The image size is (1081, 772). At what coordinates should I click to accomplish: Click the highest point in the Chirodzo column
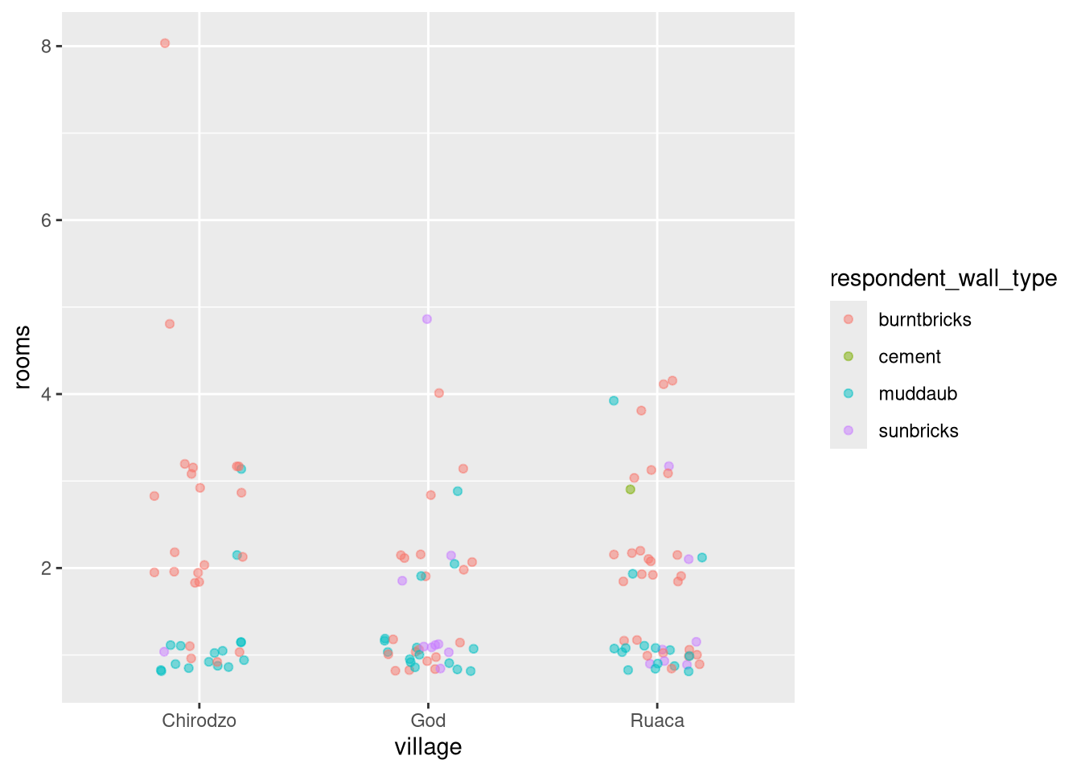(165, 43)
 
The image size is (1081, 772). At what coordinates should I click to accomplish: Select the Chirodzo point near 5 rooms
(170, 324)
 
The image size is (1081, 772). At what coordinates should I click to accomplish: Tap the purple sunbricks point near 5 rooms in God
(427, 319)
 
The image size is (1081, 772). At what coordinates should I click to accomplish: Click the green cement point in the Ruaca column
(631, 489)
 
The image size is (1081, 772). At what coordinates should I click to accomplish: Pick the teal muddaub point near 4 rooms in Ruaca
(614, 400)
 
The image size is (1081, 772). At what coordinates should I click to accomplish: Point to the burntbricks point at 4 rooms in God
(439, 393)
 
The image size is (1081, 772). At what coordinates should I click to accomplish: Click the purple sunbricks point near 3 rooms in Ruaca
(668, 466)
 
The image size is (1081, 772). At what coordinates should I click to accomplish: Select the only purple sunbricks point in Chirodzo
(164, 651)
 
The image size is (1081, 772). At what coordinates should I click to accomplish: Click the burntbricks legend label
(925, 320)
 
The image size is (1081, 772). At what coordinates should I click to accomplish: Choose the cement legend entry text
(910, 357)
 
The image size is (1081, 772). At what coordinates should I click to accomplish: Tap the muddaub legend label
(918, 394)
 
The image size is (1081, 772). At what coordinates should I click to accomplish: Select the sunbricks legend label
(919, 431)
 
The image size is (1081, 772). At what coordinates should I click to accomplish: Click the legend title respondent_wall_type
(943, 278)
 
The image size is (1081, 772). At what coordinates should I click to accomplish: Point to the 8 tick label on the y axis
(47, 47)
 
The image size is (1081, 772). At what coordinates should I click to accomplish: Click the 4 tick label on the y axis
(47, 394)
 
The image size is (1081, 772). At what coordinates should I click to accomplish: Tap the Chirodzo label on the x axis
(199, 721)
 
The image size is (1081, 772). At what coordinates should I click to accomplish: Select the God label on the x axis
(428, 721)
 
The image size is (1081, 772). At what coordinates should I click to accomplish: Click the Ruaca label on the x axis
(657, 721)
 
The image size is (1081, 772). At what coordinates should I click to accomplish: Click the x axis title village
(428, 747)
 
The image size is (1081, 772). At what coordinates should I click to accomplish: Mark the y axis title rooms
(23, 357)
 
